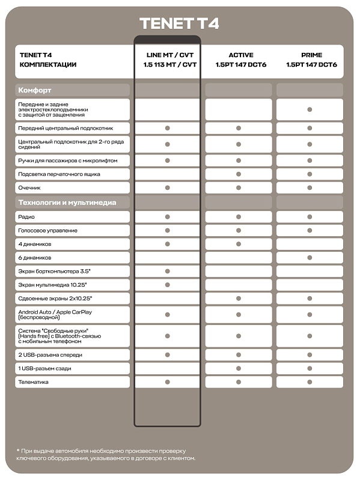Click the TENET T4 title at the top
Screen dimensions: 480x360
(x=179, y=23)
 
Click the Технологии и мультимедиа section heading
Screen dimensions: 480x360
(x=67, y=202)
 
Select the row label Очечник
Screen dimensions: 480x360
(x=31, y=188)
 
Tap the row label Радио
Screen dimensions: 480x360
(x=26, y=217)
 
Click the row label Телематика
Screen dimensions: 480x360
(x=34, y=382)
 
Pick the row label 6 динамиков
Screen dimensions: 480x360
(x=35, y=258)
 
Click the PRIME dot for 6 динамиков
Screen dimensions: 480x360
(x=310, y=258)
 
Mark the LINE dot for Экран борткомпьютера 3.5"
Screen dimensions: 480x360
(x=167, y=272)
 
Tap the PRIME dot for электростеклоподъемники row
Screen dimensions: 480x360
(x=310, y=109)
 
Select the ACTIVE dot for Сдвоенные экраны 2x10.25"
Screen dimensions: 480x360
(x=238, y=299)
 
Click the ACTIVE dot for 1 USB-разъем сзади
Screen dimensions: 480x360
(x=238, y=369)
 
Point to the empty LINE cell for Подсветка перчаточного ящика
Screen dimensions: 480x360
(x=167, y=174)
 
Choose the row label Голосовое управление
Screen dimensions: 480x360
(x=48, y=231)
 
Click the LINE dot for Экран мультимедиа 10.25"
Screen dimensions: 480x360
(x=167, y=285)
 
